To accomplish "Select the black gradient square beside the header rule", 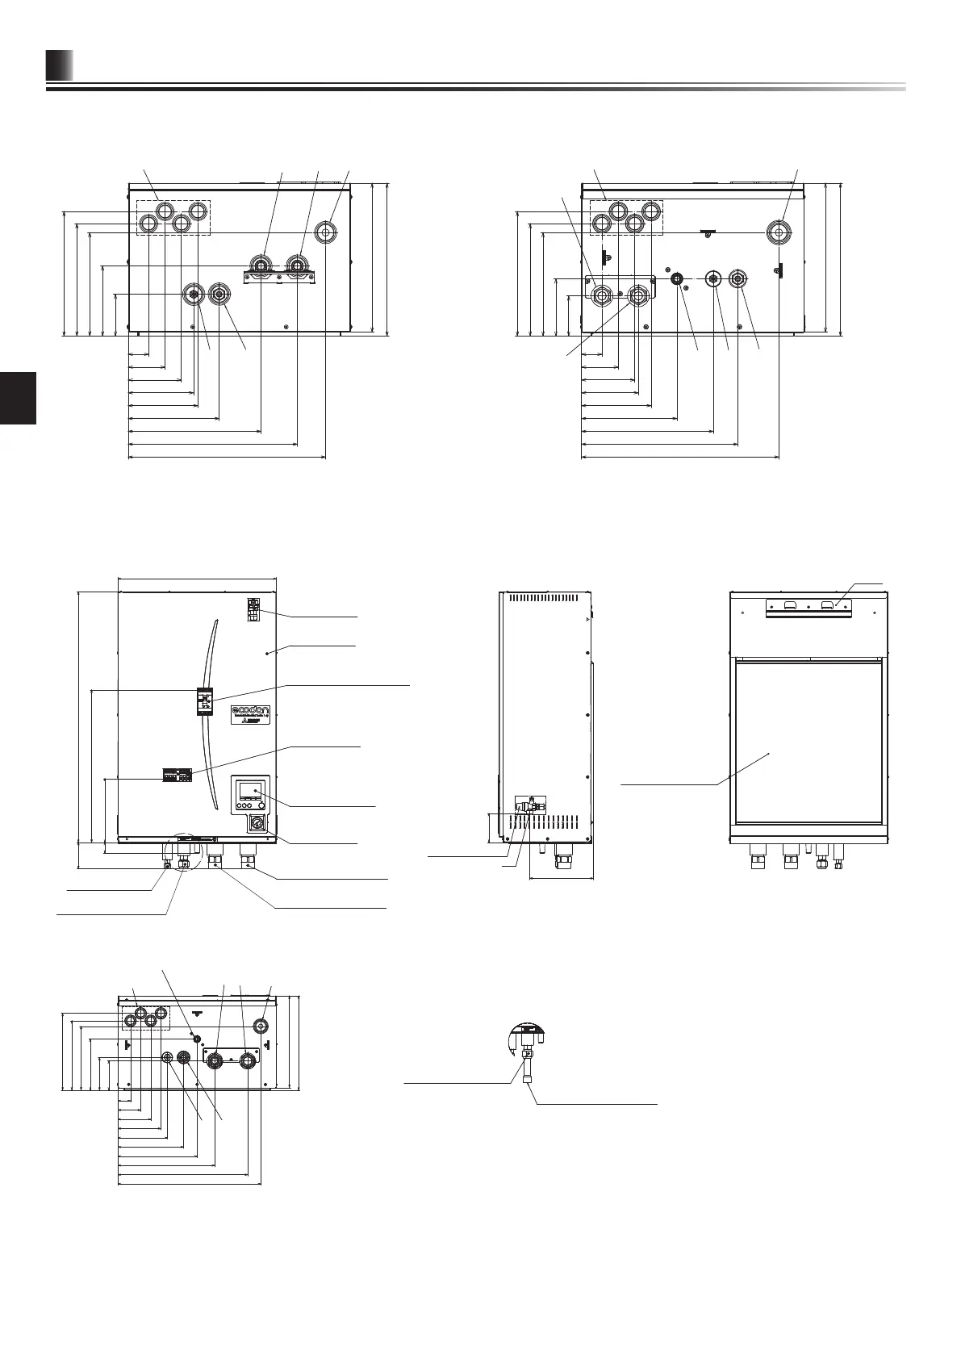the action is coord(59,66).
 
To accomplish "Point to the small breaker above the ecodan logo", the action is coord(253,608).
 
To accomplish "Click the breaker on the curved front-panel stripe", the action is coord(205,701).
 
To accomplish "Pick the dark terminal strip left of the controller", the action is coord(178,776).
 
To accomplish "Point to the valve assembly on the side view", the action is coord(529,806).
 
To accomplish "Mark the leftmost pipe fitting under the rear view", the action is coord(758,857).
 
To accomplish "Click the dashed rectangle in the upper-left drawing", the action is coord(172,217).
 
